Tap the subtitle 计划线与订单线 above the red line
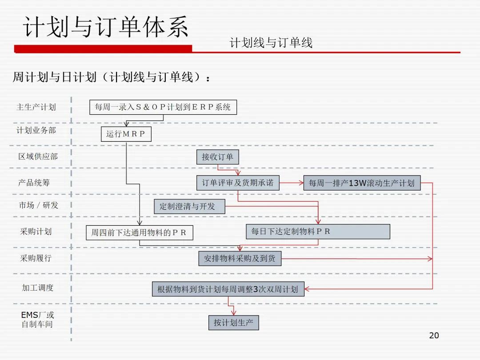pos(271,43)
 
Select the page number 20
pos(434,336)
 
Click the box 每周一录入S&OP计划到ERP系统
pos(163,107)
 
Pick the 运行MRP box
pos(126,134)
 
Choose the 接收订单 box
pos(217,157)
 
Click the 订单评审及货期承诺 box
pos(238,183)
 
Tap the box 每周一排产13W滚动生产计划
pos(362,183)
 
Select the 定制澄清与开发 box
pos(190,206)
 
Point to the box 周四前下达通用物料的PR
pos(139,232)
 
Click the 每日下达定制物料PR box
pos(318,232)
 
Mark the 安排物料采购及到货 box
pos(240,258)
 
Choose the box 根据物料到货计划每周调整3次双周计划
pos(228,289)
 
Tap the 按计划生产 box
pos(233,323)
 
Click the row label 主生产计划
pos(36,107)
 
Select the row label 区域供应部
pos(38,156)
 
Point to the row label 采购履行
pos(36,258)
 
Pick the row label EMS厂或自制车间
pos(37,320)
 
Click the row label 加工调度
pos(38,288)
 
